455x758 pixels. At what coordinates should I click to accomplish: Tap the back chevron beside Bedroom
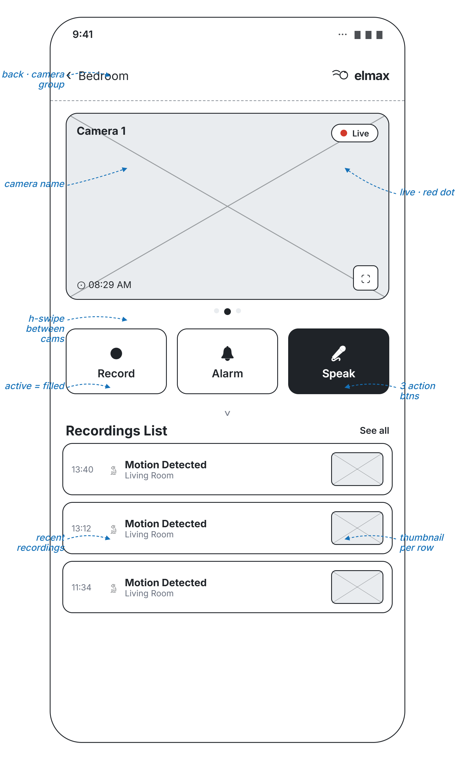tap(69, 75)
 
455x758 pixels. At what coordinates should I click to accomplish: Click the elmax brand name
tap(372, 76)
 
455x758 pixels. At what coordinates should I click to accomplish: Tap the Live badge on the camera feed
tap(354, 133)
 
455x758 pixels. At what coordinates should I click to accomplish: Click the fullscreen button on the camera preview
tap(365, 278)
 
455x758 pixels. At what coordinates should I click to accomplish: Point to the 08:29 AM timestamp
tap(110, 285)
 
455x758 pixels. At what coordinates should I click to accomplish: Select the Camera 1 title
tap(101, 131)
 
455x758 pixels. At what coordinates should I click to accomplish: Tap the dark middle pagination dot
tap(228, 312)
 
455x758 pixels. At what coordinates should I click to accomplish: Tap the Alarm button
tap(228, 362)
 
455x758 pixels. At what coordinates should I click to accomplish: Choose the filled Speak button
tap(339, 362)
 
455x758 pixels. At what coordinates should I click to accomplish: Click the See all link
tap(374, 431)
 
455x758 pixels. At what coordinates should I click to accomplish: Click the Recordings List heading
tap(117, 431)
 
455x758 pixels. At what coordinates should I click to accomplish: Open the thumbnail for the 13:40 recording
tap(357, 469)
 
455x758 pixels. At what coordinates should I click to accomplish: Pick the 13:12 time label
tap(81, 529)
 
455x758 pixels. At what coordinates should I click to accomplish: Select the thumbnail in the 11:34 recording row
tap(357, 587)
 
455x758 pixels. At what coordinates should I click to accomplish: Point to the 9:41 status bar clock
tap(83, 34)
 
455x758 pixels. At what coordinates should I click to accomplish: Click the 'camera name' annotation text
tap(34, 184)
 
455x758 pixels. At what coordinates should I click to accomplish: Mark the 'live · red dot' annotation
tap(427, 192)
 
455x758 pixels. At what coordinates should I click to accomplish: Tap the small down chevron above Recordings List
tap(228, 413)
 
